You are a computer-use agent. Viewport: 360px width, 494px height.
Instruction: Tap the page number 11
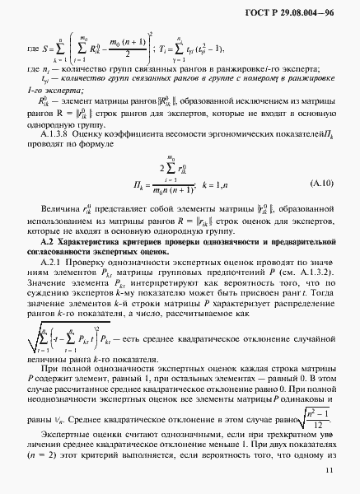click(x=329, y=469)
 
